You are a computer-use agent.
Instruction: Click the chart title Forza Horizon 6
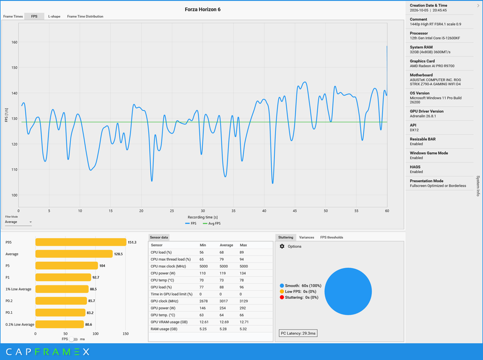[202, 9]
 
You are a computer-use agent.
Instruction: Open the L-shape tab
[54, 16]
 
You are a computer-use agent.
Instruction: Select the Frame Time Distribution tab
[85, 16]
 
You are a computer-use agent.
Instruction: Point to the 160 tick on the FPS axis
[14, 42]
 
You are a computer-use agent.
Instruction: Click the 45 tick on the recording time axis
[295, 211]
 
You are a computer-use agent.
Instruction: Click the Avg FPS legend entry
[211, 224]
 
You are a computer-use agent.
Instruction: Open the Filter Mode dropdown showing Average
[18, 222]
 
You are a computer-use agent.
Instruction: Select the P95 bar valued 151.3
[80, 243]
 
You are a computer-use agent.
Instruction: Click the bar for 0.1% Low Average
[60, 324]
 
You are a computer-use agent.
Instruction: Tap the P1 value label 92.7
[96, 277]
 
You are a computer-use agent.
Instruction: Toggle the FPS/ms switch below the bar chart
[74, 339]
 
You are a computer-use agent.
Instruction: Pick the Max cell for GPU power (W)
[243, 308]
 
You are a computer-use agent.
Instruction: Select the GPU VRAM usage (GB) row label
[169, 322]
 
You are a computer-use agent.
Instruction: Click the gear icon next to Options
[282, 246]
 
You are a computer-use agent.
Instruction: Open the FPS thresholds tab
[332, 238]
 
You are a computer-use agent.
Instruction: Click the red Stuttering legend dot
[282, 297]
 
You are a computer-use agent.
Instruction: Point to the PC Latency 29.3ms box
[298, 333]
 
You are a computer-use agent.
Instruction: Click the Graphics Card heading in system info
[422, 61]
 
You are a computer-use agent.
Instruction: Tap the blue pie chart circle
[348, 291]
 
